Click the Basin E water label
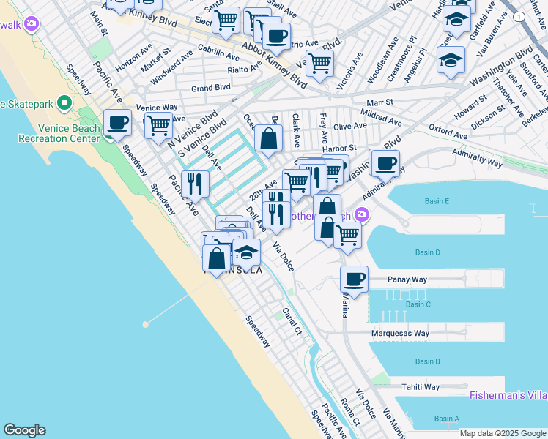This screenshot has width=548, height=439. point(436,201)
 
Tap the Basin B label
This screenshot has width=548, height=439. point(427,361)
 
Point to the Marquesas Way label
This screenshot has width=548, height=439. point(400,334)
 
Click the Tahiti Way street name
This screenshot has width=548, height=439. point(420,387)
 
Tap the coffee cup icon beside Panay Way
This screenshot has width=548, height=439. point(355,279)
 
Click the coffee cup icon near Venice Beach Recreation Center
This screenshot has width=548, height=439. point(117,122)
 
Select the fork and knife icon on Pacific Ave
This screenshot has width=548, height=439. point(194,183)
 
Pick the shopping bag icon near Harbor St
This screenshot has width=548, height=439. point(269,137)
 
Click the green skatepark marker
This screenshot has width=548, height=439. point(64,103)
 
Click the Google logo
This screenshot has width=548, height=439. point(24,430)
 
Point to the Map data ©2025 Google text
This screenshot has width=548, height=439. point(503,433)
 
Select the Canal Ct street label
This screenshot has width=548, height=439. point(292,320)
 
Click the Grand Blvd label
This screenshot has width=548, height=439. point(211,88)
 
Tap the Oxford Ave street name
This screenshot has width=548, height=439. point(448,135)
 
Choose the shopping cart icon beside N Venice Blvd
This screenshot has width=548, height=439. point(158,125)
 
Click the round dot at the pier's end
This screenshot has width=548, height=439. point(146,323)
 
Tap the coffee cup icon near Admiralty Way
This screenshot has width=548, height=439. point(385,163)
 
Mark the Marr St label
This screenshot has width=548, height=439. point(380,102)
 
